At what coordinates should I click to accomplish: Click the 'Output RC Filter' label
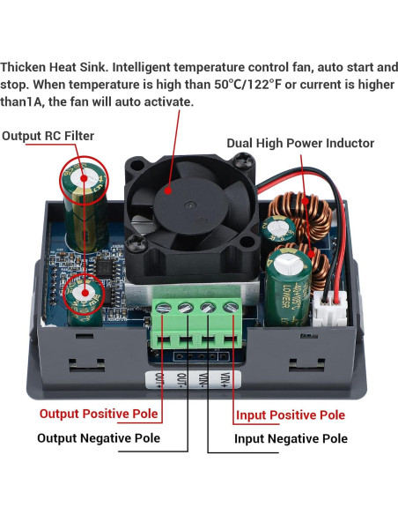click(48, 136)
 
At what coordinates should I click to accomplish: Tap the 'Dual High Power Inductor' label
click(300, 143)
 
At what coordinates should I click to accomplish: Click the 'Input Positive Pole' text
click(289, 414)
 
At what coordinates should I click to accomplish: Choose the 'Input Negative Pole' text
click(291, 438)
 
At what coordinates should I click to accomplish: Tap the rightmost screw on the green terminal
click(230, 308)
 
